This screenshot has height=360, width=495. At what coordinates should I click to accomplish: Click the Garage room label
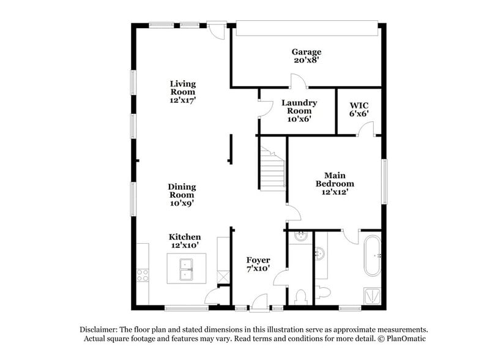click(306, 56)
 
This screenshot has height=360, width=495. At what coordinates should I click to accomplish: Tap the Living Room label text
click(182, 91)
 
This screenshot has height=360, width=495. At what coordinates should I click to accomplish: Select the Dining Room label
click(182, 194)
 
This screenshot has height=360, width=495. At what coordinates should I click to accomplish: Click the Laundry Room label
click(299, 111)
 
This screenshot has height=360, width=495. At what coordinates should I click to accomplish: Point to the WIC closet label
click(359, 109)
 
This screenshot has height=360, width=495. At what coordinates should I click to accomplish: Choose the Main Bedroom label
click(335, 184)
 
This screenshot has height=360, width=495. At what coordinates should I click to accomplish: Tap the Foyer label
click(258, 264)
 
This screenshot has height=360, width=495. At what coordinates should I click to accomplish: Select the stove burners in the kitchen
click(143, 276)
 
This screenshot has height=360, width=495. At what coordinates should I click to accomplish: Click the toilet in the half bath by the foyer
click(301, 297)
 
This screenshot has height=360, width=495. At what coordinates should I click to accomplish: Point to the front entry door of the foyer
click(259, 301)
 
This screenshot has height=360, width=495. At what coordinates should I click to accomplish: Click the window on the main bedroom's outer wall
click(384, 182)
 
